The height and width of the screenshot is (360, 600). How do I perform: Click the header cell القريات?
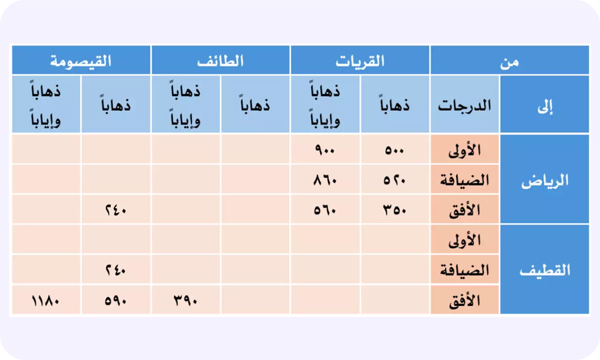pyautogui.click(x=360, y=60)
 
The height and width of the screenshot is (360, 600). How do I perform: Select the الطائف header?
pyautogui.click(x=220, y=60)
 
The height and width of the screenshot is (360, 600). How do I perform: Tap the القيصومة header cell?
pyautogui.click(x=81, y=60)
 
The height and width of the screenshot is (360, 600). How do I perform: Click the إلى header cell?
pyautogui.click(x=545, y=104)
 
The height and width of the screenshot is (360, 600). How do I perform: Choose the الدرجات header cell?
pyautogui.click(x=465, y=104)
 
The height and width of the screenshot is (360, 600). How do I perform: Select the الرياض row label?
pyautogui.click(x=545, y=179)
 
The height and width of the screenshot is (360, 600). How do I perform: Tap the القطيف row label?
pyautogui.click(x=545, y=269)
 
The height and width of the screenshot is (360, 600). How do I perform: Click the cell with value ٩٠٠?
pyautogui.click(x=325, y=149)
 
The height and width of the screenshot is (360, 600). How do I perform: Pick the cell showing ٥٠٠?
pyautogui.click(x=395, y=149)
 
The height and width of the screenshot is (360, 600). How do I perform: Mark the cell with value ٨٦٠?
pyautogui.click(x=325, y=179)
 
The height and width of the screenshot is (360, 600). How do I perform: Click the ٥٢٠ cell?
pyautogui.click(x=395, y=179)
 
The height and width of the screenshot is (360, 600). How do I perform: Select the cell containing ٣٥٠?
pyautogui.click(x=395, y=209)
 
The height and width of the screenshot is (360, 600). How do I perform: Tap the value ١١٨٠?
pyautogui.click(x=45, y=300)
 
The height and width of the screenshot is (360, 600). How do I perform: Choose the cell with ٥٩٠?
pyautogui.click(x=116, y=300)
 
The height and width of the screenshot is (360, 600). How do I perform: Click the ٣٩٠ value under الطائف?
pyautogui.click(x=185, y=300)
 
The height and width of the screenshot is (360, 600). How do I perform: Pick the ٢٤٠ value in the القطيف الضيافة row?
pyautogui.click(x=116, y=270)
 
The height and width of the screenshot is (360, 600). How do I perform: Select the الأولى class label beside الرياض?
pyautogui.click(x=465, y=149)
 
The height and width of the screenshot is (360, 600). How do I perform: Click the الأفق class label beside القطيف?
pyautogui.click(x=465, y=300)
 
